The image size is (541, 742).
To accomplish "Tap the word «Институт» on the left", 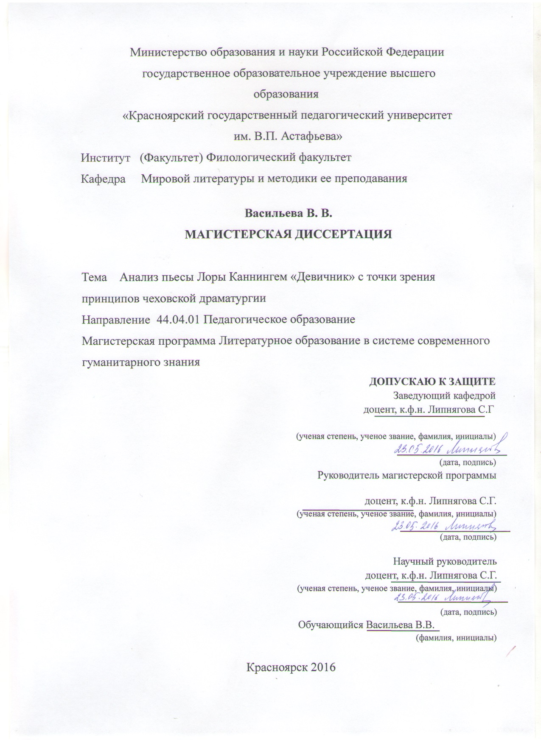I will coord(105,158).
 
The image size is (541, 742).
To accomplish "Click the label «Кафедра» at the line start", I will coord(103,179).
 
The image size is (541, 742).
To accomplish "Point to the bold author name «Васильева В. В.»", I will coord(288,213).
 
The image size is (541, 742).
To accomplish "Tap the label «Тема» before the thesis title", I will coord(94,277).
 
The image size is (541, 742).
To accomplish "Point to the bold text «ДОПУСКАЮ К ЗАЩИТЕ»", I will coord(432,381).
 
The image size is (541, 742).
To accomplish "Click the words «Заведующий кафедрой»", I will coord(444,396).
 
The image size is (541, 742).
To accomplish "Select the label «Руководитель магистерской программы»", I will coord(407,475).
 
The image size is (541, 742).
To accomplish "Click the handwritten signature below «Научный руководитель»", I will coord(466,598).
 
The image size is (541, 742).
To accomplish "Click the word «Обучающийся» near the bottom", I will coord(331,625).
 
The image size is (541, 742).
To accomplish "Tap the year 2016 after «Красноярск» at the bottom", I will coord(323,667).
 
